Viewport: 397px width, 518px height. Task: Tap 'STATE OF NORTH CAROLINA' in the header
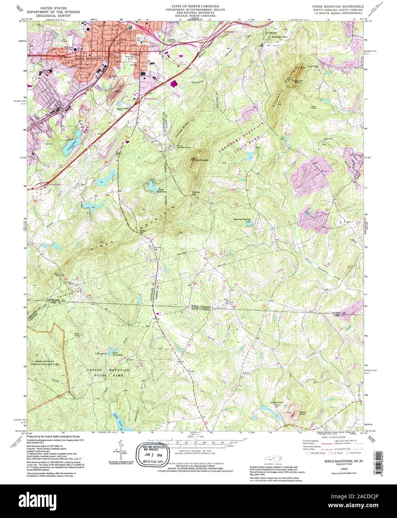click(x=191, y=7)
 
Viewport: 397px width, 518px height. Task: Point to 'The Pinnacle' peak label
click(x=201, y=160)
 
